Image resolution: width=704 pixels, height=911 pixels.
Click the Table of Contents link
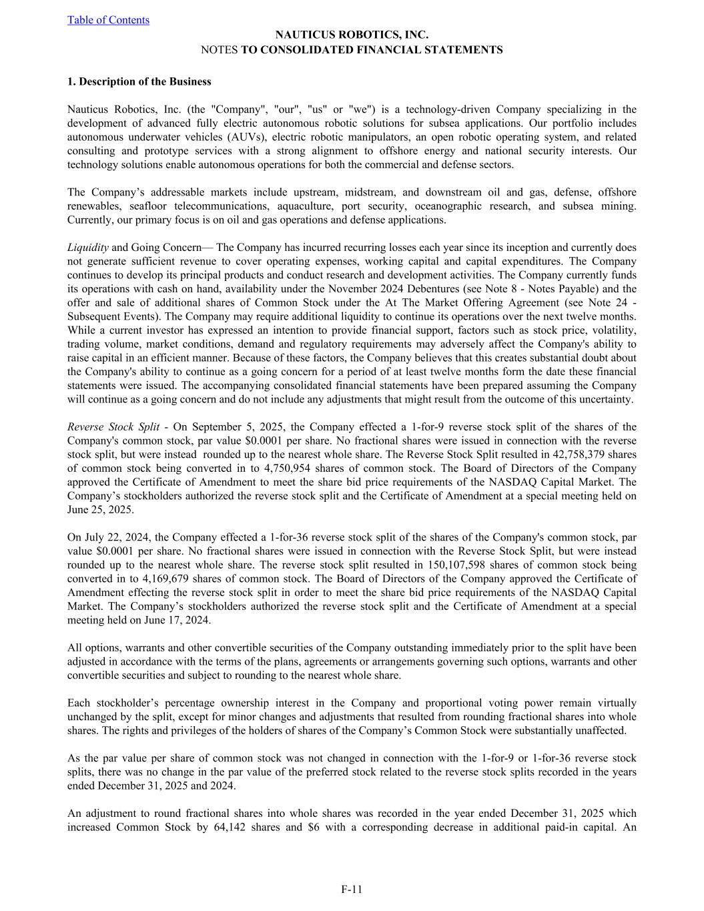(x=108, y=20)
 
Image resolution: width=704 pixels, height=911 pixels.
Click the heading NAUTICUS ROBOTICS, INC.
(x=352, y=35)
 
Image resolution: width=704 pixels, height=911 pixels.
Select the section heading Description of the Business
(x=139, y=81)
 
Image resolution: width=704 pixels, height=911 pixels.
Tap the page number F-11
(x=352, y=889)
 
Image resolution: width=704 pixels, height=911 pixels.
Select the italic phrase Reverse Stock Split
(x=113, y=427)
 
